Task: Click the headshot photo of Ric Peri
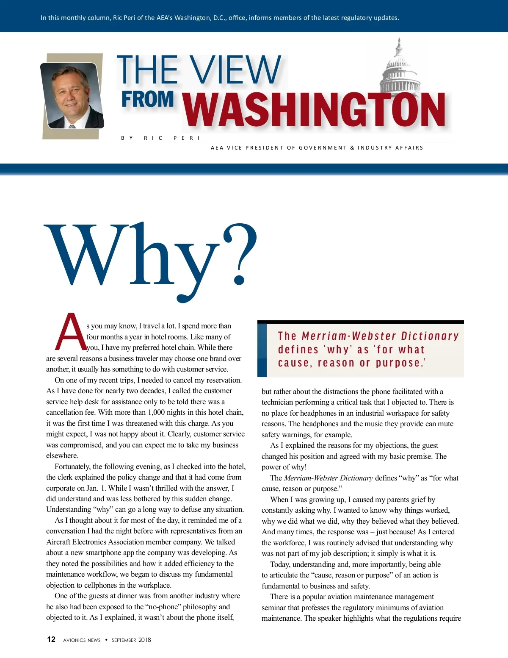pyautogui.click(x=72, y=96)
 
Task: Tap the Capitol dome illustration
pyautogui.click(x=399, y=68)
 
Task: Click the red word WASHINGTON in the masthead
pyautogui.click(x=314, y=110)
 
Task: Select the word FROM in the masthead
pyautogui.click(x=148, y=99)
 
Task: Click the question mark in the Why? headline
pyautogui.click(x=240, y=254)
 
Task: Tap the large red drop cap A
pyautogui.click(x=70, y=332)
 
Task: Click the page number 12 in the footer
pyautogui.click(x=51, y=639)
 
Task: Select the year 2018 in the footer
pyautogui.click(x=145, y=640)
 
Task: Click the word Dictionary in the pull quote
pyautogui.click(x=430, y=336)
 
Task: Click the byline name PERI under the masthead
pyautogui.click(x=186, y=138)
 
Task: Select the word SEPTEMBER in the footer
pyautogui.click(x=124, y=640)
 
